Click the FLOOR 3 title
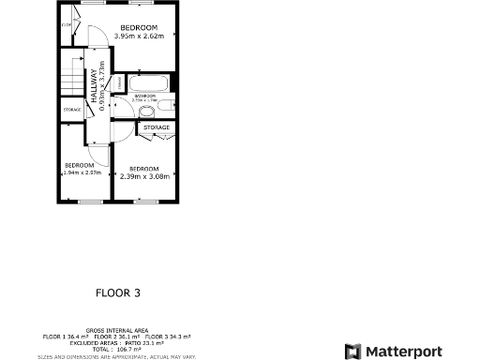click(x=118, y=292)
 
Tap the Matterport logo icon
click(x=352, y=351)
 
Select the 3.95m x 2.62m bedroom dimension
click(x=139, y=36)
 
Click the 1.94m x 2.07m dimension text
click(x=82, y=172)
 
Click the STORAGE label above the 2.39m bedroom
click(x=157, y=127)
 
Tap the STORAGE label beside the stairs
click(x=72, y=111)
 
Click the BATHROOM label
click(x=144, y=96)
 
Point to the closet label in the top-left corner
click(x=67, y=25)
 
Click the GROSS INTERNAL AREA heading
click(x=117, y=330)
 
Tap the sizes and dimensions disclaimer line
click(x=117, y=356)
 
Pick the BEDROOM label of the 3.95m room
click(x=139, y=27)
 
